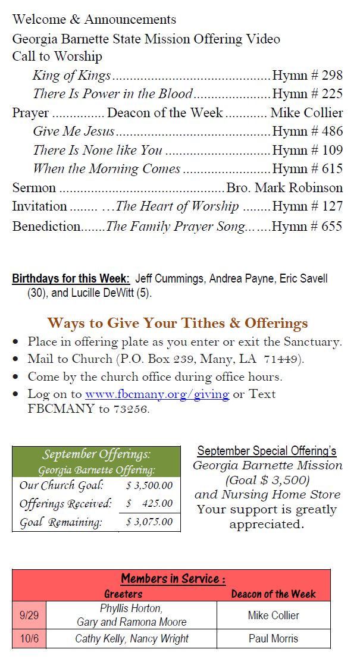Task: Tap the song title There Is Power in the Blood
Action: (112, 94)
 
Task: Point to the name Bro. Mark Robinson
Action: (284, 188)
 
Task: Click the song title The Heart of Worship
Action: (177, 206)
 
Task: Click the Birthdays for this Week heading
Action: (71, 278)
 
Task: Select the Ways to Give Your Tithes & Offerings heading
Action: (177, 323)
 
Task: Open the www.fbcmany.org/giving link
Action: (157, 394)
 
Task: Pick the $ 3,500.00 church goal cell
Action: (149, 485)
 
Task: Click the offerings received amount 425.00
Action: (157, 504)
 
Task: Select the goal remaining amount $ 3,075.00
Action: (149, 522)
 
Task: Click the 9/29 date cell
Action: (29, 615)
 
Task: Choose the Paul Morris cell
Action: (273, 639)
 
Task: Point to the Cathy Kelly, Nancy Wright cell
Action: (132, 639)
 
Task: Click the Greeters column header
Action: (123, 594)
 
